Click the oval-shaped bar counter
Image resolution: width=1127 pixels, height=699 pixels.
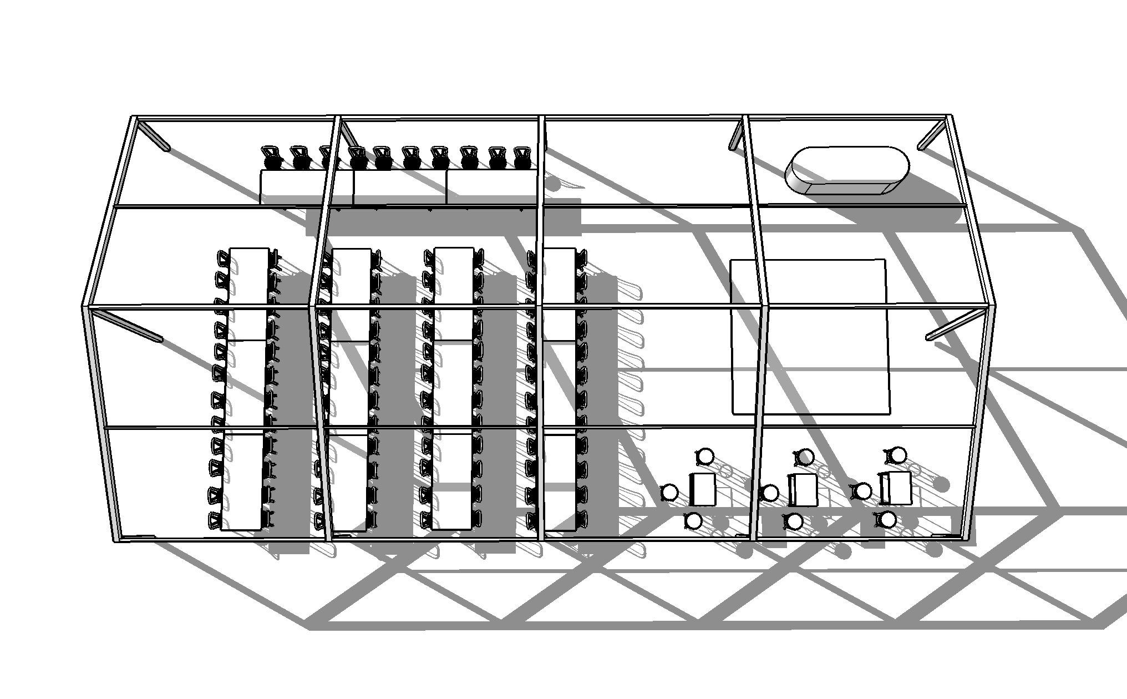coord(849,170)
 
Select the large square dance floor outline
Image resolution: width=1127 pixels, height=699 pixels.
coord(810,337)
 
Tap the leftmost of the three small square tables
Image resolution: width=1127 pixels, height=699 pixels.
coord(703,489)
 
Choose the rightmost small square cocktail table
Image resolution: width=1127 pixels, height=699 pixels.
coord(897,488)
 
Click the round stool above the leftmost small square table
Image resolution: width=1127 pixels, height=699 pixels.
coord(705,457)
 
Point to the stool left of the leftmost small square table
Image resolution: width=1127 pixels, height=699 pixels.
coord(670,492)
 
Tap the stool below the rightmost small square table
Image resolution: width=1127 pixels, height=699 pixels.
coord(887,520)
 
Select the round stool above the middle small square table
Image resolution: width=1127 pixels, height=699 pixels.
coord(805,458)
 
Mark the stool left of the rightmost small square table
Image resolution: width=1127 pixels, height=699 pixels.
coord(863,491)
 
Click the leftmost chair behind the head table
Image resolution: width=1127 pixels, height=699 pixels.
coord(271,156)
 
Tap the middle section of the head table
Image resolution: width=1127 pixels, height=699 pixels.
coord(400,186)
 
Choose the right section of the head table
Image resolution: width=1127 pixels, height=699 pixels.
coord(491,186)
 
